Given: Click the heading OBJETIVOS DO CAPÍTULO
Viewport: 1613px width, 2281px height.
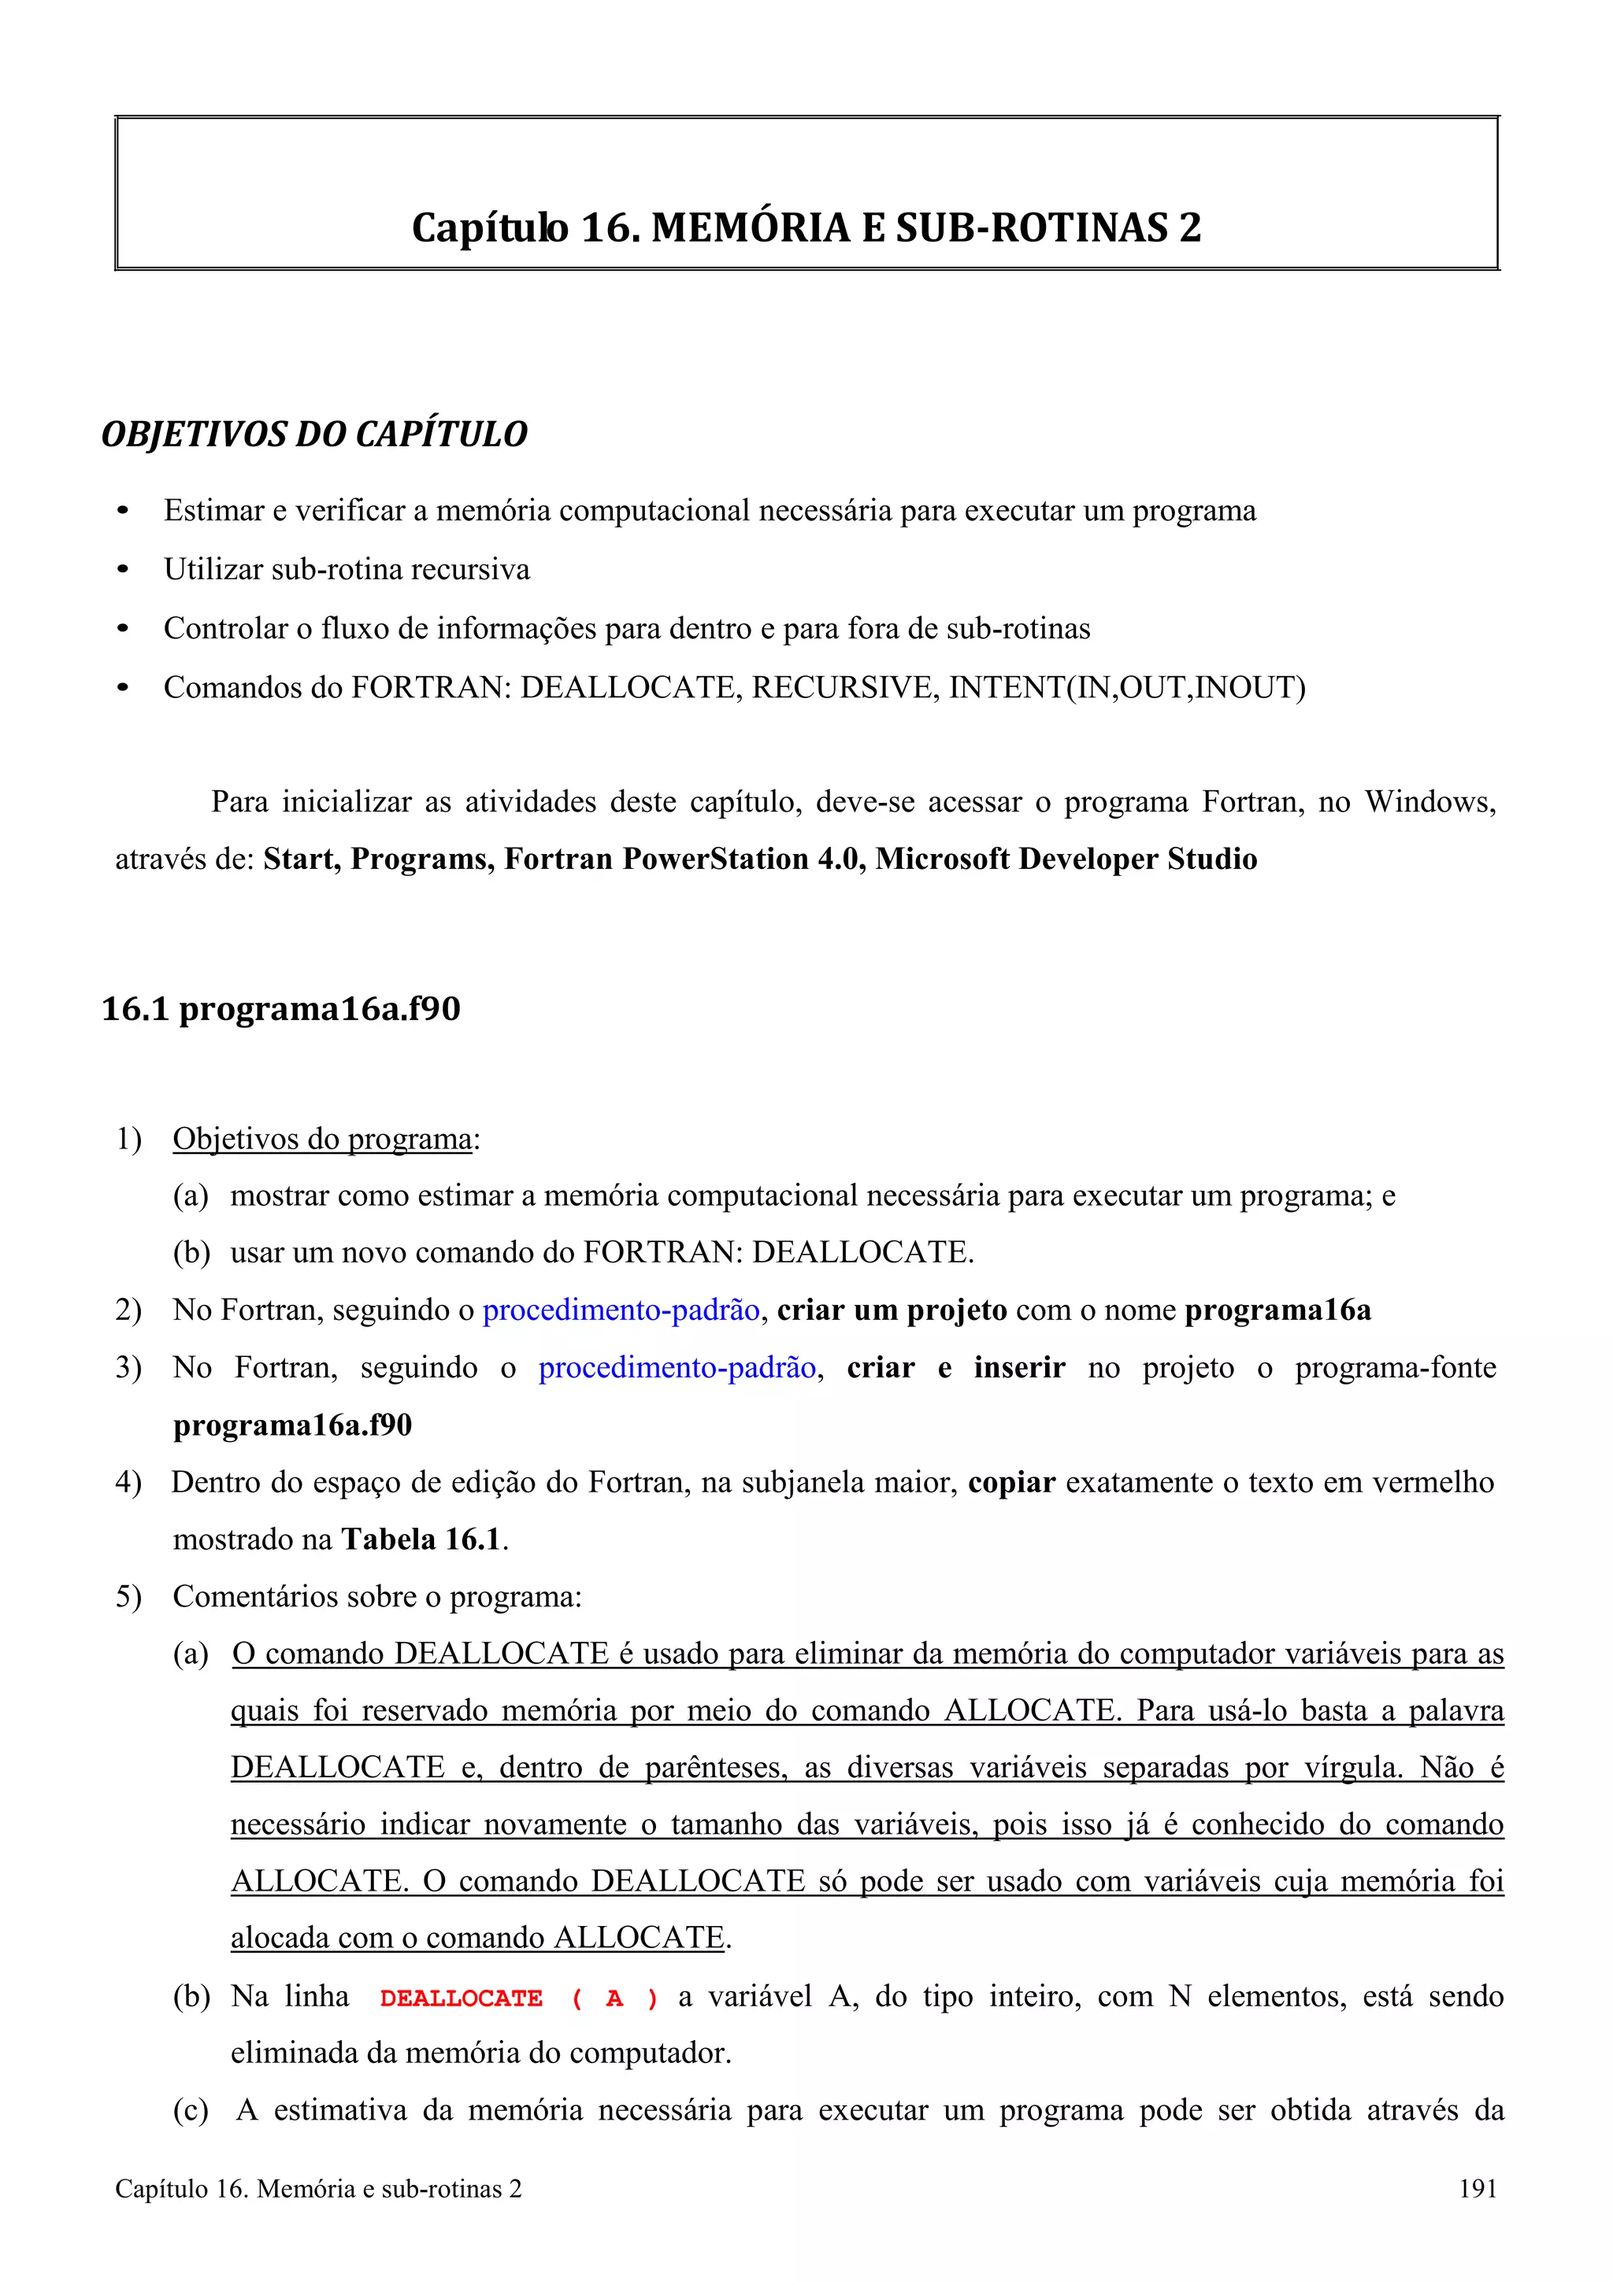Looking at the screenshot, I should click(314, 434).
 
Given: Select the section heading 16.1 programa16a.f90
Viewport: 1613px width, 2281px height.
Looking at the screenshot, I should click(281, 1008).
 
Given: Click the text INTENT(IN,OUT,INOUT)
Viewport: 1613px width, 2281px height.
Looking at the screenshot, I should click(1127, 686).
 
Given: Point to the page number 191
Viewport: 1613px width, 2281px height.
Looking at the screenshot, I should click(1477, 2187).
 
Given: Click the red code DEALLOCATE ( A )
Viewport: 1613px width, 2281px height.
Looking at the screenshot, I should click(517, 1998).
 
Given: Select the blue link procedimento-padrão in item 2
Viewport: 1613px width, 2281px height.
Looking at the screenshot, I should click(621, 1310).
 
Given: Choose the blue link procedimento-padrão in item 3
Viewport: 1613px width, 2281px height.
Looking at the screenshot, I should click(677, 1367).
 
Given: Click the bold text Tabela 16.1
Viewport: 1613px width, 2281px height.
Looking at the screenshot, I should click(421, 1539).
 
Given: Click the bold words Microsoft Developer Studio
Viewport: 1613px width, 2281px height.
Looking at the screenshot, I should click(1066, 859).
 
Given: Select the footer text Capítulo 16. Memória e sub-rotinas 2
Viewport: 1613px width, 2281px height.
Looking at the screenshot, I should click(318, 2187).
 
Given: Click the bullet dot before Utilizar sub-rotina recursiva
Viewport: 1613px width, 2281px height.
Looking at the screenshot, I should click(123, 570).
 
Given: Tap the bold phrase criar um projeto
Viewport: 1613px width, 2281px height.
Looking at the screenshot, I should click(892, 1310).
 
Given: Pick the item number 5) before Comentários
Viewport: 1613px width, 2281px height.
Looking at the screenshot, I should click(128, 1596).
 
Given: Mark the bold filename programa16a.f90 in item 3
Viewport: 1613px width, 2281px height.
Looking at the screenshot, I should click(292, 1425).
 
